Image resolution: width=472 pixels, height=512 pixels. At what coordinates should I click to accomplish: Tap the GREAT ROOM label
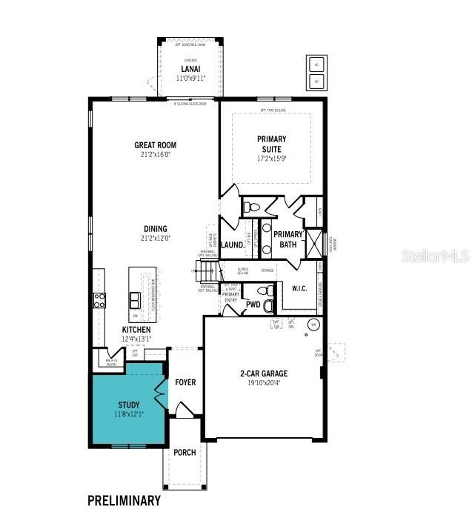(155, 145)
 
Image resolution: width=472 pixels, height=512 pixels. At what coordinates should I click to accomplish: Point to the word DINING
(156, 229)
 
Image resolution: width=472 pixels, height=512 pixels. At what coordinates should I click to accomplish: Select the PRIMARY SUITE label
(271, 144)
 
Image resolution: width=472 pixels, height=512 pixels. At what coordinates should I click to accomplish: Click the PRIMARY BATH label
(288, 239)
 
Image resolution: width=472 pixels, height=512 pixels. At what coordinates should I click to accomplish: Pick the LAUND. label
(232, 245)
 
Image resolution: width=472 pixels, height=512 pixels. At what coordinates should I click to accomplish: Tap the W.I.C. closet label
(300, 288)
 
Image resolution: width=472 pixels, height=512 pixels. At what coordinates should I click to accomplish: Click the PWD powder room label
(253, 305)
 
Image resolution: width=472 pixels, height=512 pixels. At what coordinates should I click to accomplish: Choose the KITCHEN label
(136, 330)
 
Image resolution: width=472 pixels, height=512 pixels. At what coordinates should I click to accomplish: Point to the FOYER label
(185, 382)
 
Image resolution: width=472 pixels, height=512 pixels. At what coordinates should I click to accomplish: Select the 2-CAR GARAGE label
(263, 373)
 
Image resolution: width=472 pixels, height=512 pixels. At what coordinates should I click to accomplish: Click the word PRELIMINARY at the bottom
(124, 500)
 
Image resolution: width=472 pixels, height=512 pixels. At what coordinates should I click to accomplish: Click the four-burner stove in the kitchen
(99, 300)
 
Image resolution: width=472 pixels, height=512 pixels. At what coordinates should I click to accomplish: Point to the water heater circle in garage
(313, 325)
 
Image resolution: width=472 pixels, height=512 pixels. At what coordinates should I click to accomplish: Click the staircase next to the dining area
(207, 271)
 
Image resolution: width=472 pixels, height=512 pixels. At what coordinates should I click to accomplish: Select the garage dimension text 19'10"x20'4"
(263, 384)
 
